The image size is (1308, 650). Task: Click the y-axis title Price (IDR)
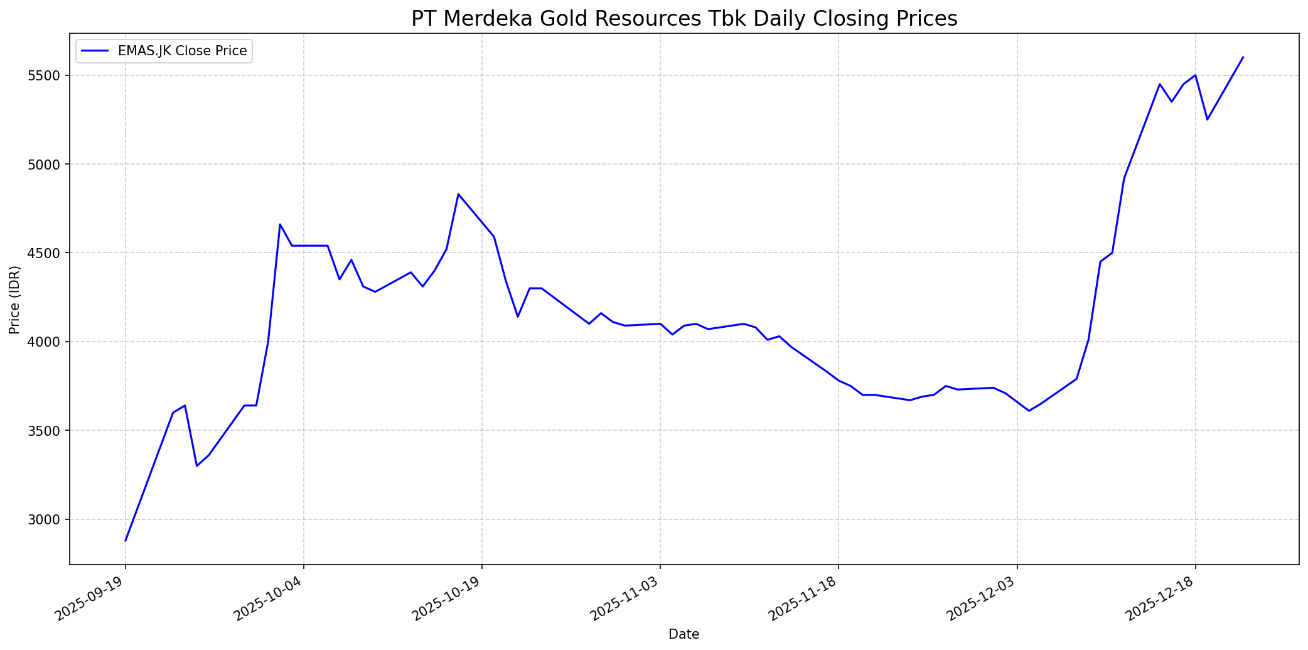(x=15, y=299)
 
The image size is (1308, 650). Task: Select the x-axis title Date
(x=683, y=634)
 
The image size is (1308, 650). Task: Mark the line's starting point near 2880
(x=126, y=541)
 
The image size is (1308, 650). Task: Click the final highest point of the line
(x=1243, y=57)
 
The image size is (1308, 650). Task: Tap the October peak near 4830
(x=458, y=194)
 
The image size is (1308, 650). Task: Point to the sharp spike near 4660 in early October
(x=280, y=224)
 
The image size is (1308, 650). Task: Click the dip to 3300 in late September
(x=196, y=466)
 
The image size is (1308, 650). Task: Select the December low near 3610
(x=1029, y=411)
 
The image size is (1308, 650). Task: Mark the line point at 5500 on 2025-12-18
(x=1195, y=75)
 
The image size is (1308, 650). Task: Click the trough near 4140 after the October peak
(x=518, y=317)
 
